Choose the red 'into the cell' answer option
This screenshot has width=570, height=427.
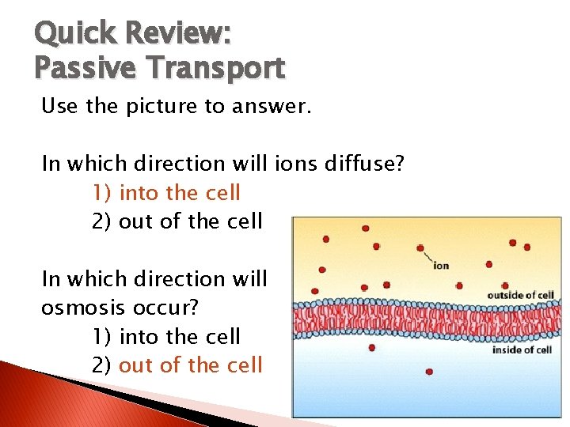click(180, 192)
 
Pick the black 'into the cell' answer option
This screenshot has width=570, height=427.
click(180, 336)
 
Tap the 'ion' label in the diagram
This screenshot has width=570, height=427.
click(441, 265)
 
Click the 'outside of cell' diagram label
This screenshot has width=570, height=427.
click(519, 296)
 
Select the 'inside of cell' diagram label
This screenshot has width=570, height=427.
click(522, 350)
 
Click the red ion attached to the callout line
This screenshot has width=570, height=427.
click(420, 248)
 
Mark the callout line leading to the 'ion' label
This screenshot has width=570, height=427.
click(427, 255)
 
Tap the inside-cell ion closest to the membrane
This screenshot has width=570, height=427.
click(372, 347)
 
